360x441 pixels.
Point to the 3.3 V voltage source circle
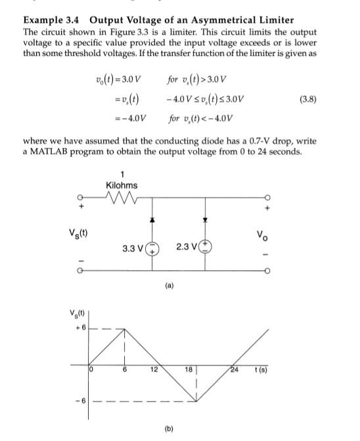151,250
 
